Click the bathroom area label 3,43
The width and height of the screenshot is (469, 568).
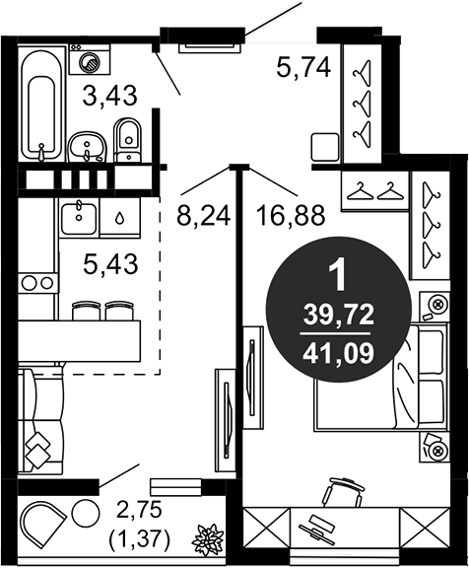tap(110, 96)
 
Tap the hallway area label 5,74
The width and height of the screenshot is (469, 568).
tap(303, 67)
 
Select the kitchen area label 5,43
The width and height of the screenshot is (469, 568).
tap(110, 263)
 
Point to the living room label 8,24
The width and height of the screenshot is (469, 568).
tap(203, 216)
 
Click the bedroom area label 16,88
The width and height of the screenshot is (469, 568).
tap(291, 215)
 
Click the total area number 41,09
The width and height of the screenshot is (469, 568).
tap(338, 354)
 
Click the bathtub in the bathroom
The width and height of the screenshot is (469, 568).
tap(41, 103)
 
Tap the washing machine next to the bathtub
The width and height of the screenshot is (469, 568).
tap(90, 59)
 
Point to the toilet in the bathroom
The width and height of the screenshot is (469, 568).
tap(127, 139)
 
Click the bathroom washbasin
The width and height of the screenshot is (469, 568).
tap(88, 147)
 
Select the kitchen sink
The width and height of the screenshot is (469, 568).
tap(79, 218)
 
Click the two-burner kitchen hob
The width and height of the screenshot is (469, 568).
tap(37, 283)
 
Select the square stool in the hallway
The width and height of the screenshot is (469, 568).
tap(325, 147)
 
